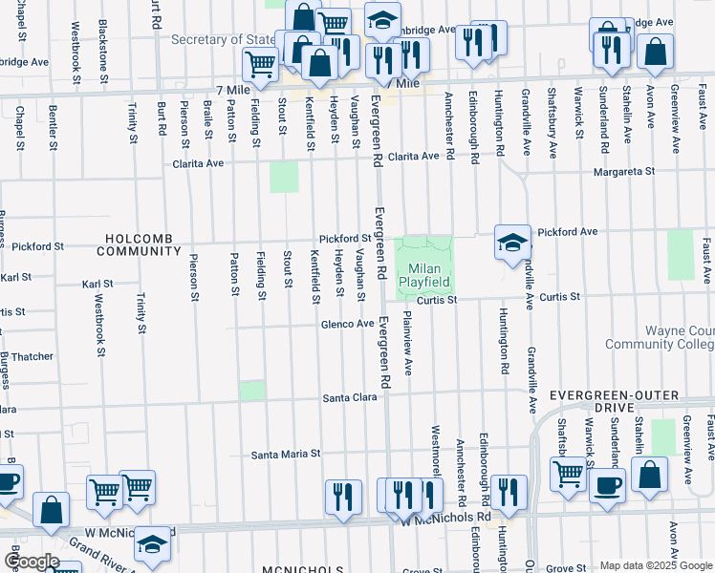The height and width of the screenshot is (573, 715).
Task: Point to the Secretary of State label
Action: click(x=223, y=39)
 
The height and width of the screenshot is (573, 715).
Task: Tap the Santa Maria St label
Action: click(x=285, y=455)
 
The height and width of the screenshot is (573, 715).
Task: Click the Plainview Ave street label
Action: click(x=408, y=341)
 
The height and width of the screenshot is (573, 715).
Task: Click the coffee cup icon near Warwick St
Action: click(x=605, y=484)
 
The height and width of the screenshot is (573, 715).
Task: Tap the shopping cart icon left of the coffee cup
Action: click(x=569, y=473)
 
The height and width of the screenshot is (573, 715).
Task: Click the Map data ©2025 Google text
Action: click(x=656, y=565)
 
